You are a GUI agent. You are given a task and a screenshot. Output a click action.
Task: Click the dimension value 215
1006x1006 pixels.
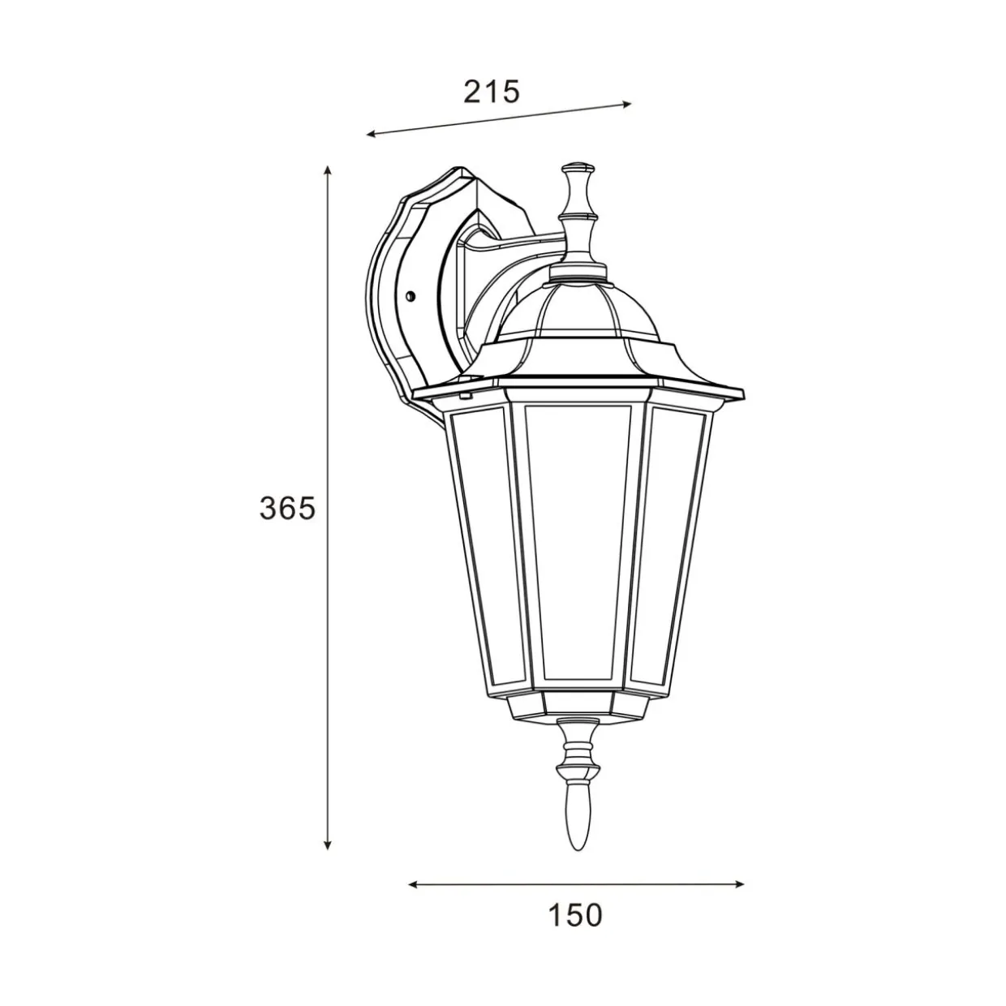[492, 92]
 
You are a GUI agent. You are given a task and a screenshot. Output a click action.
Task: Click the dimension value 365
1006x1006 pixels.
[287, 508]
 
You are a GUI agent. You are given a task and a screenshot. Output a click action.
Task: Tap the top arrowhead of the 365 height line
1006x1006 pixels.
[327, 170]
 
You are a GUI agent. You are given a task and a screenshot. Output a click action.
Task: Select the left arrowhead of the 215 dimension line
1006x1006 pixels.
[372, 135]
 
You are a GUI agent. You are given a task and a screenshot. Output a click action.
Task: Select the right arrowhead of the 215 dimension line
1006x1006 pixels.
[626, 104]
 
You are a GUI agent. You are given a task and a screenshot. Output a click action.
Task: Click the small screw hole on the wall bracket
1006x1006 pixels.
[411, 296]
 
